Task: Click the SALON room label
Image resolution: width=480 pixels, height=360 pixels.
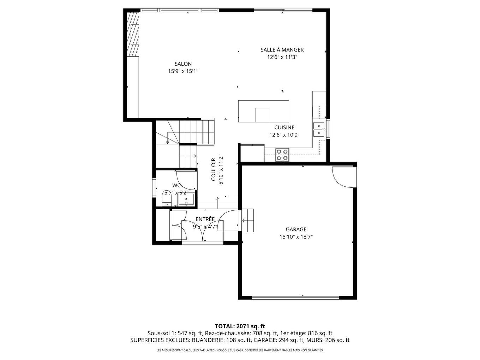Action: tap(183, 64)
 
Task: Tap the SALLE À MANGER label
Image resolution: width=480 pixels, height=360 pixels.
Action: tap(282, 50)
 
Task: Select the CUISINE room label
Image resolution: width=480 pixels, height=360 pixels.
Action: tap(284, 127)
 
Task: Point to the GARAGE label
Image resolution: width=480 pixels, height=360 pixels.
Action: tap(296, 229)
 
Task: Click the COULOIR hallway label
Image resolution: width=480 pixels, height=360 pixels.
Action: tap(214, 169)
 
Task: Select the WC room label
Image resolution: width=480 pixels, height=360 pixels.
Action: tap(176, 185)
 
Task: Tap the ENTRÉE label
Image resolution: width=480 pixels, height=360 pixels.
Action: tap(205, 219)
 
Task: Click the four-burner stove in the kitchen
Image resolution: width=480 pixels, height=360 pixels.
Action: tap(282, 155)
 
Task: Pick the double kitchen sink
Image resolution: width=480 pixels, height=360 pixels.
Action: tap(319, 129)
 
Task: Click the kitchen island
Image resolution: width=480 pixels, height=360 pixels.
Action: tap(263, 111)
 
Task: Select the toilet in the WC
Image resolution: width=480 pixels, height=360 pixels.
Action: tap(167, 199)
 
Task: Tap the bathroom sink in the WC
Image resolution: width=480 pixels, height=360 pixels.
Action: tap(186, 200)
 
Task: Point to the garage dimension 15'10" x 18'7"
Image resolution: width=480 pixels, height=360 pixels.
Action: tap(296, 237)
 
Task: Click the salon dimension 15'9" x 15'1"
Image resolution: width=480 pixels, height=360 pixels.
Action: tap(183, 71)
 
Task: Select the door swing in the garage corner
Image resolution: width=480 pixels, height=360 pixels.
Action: tap(342, 176)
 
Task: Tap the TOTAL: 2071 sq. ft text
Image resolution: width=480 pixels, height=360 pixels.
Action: tap(240, 326)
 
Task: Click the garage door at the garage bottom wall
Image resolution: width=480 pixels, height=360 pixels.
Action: tap(296, 298)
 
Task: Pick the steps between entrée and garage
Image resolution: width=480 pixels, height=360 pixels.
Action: tap(247, 220)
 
